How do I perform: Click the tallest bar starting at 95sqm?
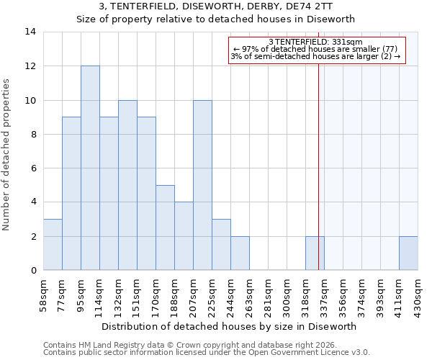pos(90,168)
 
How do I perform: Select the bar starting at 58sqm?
pos(53,245)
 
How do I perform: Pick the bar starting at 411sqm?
pos(408,253)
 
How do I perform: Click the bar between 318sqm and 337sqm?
pos(315,253)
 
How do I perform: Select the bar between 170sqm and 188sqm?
pos(165,228)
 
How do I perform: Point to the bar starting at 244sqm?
pos(240,253)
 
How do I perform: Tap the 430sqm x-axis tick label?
pos(418,295)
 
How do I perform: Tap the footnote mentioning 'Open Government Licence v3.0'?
pos(207,352)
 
